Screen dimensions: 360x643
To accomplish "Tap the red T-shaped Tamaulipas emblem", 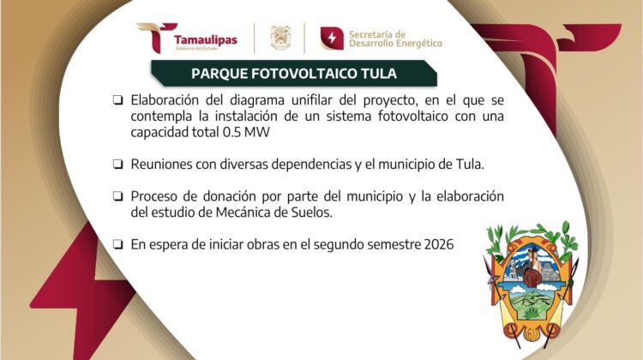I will pos(153,37).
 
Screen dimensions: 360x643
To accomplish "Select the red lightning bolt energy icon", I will pos(331,38).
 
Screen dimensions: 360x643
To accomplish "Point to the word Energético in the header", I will pos(419,44).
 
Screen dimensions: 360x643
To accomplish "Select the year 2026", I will pos(437,244).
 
